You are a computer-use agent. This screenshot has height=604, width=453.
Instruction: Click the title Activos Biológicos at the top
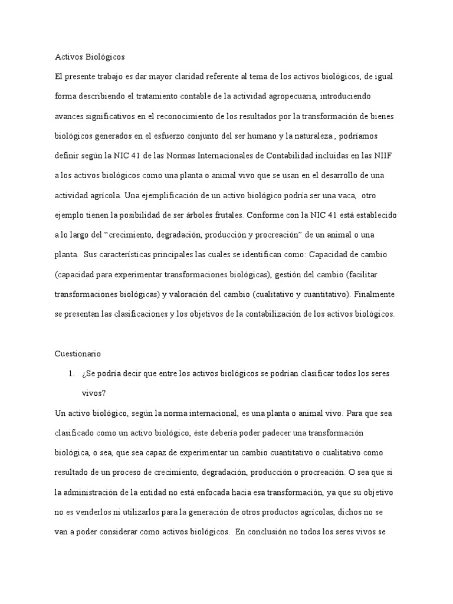(x=90, y=57)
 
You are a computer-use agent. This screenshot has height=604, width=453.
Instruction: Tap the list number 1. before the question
(x=71, y=374)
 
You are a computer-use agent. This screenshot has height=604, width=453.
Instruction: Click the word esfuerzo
(x=182, y=136)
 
